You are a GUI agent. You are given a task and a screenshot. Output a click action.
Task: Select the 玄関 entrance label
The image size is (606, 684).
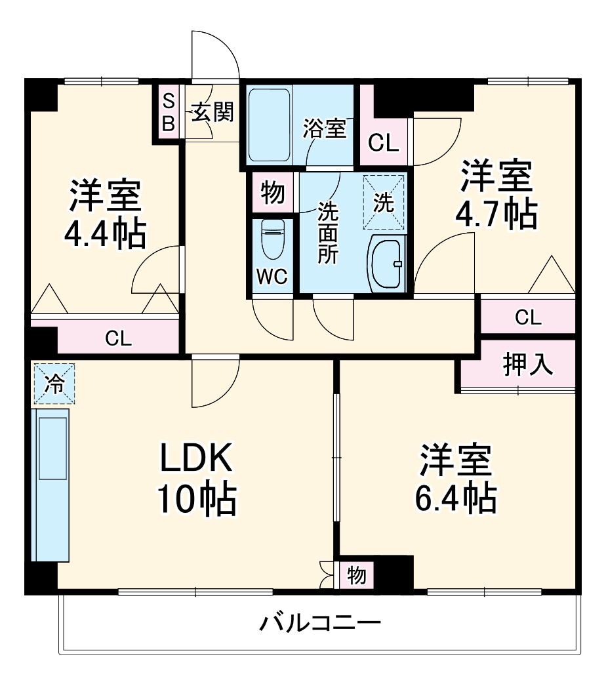click(x=212, y=113)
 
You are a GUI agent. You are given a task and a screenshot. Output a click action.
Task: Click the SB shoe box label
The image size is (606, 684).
click(x=169, y=112)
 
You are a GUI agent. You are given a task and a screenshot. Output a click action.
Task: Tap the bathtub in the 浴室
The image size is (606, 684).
click(x=269, y=124)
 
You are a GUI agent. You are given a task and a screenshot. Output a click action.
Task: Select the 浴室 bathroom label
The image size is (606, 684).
click(x=324, y=129)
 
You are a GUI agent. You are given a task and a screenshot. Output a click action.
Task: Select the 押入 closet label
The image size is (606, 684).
click(x=528, y=365)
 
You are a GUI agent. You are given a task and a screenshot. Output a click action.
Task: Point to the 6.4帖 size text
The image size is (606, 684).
click(x=456, y=499)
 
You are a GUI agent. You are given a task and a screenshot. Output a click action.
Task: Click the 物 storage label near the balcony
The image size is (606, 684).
click(x=356, y=575)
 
